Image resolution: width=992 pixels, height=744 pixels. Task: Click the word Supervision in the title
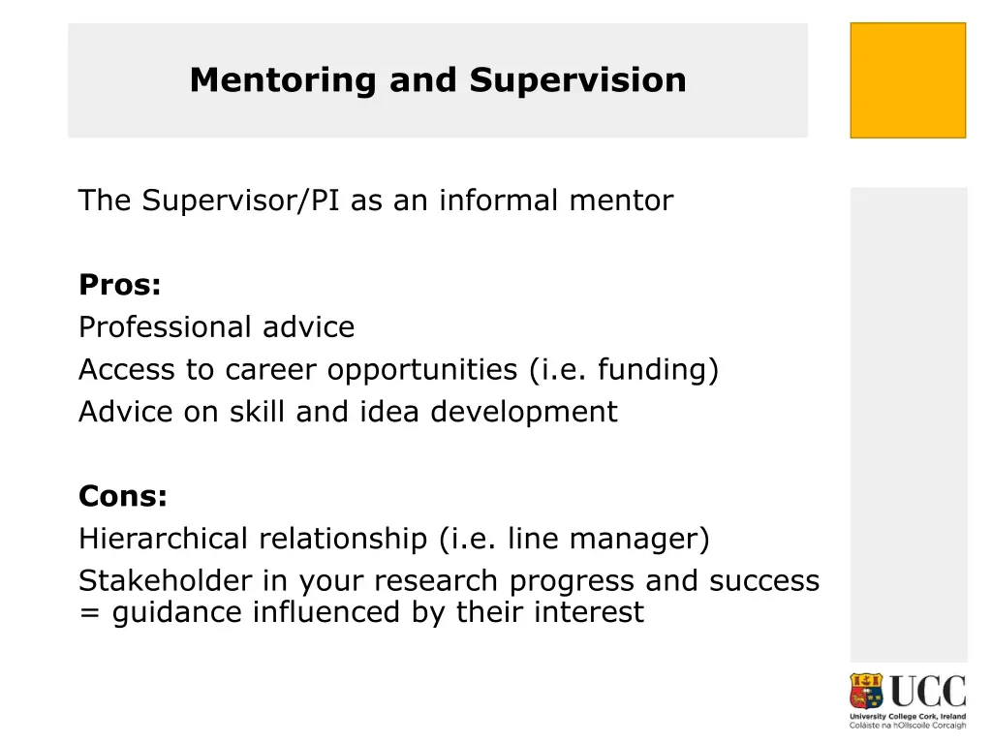click(x=578, y=80)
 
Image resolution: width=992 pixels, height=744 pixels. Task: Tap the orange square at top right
click(x=908, y=80)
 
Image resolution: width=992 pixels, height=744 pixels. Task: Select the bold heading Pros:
click(x=119, y=286)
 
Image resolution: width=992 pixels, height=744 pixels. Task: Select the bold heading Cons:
click(x=123, y=497)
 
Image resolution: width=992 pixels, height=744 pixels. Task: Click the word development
click(x=523, y=413)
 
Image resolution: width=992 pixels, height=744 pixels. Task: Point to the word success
click(x=764, y=581)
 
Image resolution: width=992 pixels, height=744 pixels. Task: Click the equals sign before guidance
click(x=91, y=613)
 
